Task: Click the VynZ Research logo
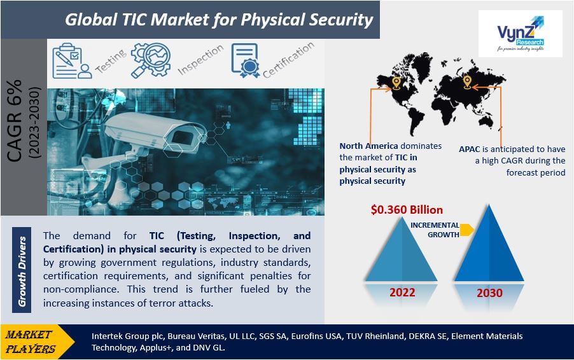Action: (x=520, y=34)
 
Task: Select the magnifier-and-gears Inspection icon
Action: (x=151, y=60)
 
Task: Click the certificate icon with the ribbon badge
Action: (x=245, y=60)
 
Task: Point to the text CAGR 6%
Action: (x=15, y=121)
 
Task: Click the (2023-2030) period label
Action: (x=34, y=122)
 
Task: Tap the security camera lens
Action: (x=181, y=137)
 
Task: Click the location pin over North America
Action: (x=396, y=83)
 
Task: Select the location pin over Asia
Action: (x=466, y=82)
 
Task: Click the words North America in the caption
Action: (x=368, y=146)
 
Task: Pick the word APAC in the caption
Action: (x=469, y=149)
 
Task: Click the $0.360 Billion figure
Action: (x=407, y=210)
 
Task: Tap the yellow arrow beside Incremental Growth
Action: (x=466, y=230)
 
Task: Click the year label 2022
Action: (x=402, y=293)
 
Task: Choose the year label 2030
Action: (x=489, y=293)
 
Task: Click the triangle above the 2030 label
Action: (x=489, y=249)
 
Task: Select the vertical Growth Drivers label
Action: (x=22, y=271)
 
